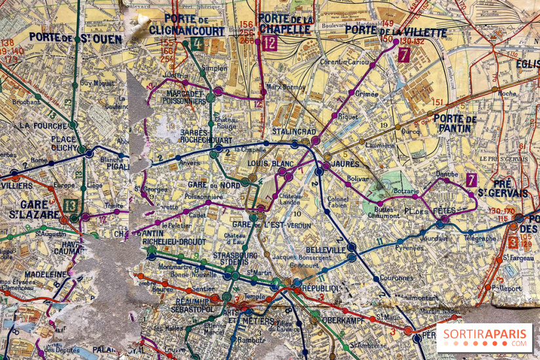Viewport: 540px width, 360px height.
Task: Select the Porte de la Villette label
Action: [387, 30]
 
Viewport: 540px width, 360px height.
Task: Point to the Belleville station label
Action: [325, 250]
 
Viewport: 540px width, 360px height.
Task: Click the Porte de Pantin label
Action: [455, 123]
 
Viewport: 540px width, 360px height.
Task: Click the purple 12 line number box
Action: [269, 44]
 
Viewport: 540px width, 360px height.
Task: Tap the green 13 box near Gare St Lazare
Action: [71, 205]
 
